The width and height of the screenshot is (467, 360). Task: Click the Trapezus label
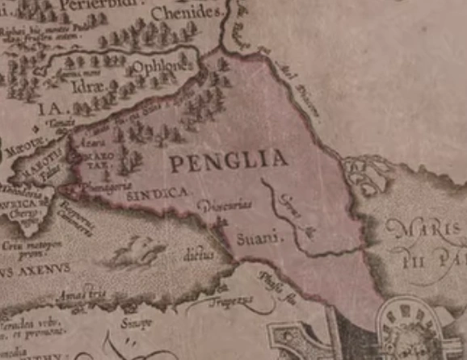234,299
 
